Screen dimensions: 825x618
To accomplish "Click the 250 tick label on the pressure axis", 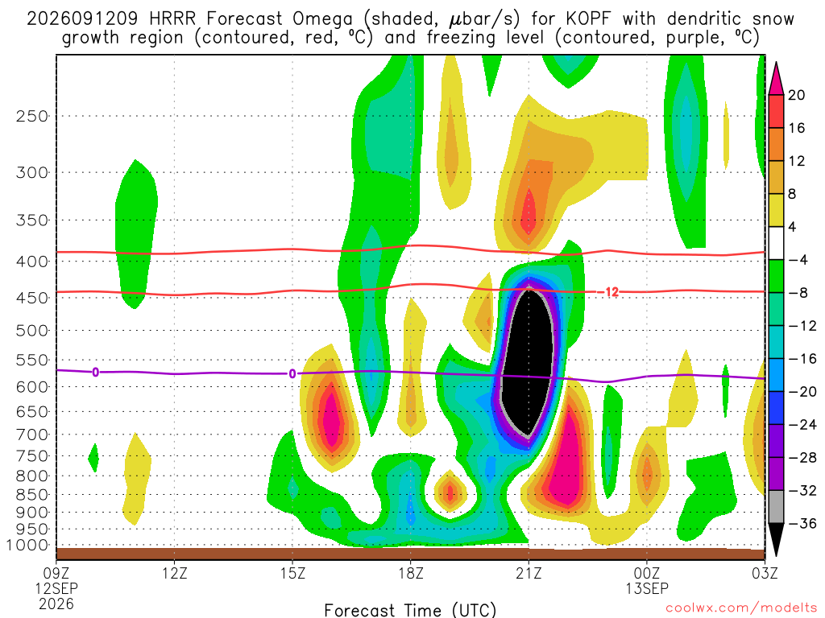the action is (x=31, y=116).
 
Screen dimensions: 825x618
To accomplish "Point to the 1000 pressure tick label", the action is (x=27, y=546).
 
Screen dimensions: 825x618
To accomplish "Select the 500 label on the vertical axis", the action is (x=31, y=331).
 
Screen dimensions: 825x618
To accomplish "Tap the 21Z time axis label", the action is (x=529, y=573).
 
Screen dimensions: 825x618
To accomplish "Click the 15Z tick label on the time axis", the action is (x=292, y=573).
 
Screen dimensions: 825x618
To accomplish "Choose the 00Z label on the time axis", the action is (x=647, y=573).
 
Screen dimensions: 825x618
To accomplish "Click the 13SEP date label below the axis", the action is (x=647, y=588).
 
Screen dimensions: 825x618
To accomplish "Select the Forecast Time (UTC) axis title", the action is (x=410, y=610).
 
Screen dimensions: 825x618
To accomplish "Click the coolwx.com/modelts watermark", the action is (x=741, y=608).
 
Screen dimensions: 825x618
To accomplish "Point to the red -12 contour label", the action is (x=611, y=292).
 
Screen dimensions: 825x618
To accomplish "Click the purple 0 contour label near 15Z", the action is (x=292, y=373).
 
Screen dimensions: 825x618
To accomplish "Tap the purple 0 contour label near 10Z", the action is (x=95, y=372).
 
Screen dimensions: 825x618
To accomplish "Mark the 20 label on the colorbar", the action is (x=796, y=95).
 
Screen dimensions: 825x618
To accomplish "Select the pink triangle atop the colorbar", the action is (x=776, y=79).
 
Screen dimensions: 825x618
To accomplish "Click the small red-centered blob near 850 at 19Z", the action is (x=450, y=492).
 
